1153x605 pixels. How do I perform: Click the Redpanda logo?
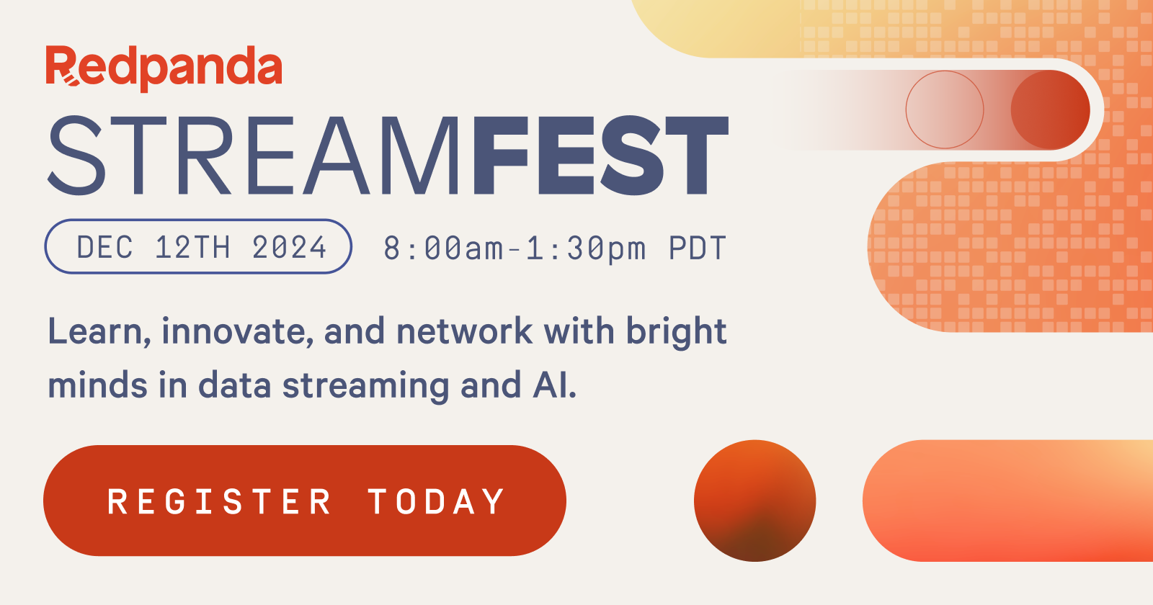(164, 68)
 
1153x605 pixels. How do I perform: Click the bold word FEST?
(600, 156)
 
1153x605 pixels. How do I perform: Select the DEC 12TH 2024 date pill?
(198, 246)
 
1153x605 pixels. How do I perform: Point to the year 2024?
(289, 248)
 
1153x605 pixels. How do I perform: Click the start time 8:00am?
(443, 248)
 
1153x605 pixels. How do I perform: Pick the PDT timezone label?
(697, 248)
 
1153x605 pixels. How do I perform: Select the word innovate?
(237, 332)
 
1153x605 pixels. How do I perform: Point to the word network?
(465, 332)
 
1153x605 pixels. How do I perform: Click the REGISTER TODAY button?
(304, 501)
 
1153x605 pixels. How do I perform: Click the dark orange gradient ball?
(754, 501)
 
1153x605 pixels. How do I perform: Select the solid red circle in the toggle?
(1050, 109)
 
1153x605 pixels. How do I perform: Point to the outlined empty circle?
(944, 109)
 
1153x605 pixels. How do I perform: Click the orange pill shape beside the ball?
(1009, 501)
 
